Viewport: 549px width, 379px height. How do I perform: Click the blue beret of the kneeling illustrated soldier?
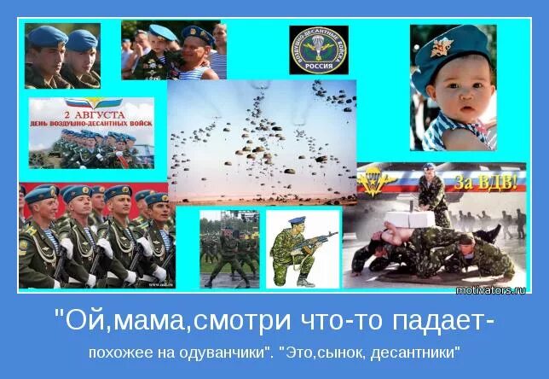click(295, 219)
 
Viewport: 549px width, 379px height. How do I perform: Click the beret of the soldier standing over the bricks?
click(429, 167)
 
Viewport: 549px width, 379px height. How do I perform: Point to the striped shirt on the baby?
click(443, 137)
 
